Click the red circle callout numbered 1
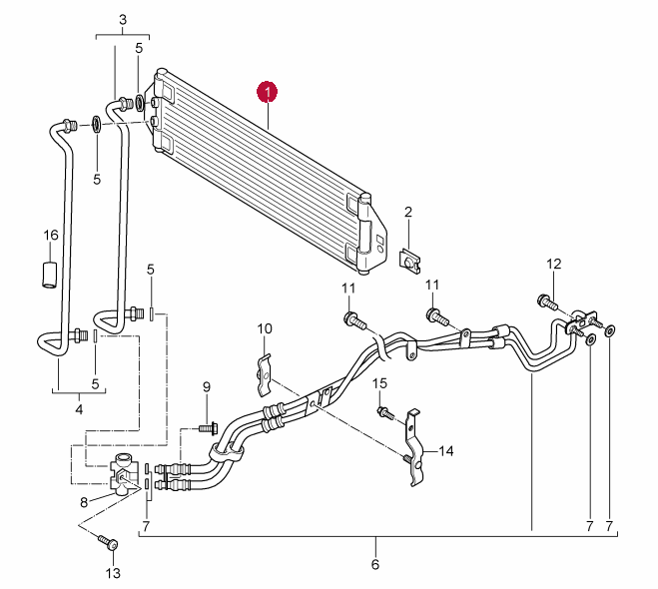[x=268, y=92]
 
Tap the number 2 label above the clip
[x=408, y=212]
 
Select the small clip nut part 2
[x=409, y=262]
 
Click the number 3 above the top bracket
[x=123, y=20]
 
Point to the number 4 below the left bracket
[x=79, y=409]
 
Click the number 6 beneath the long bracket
[x=375, y=564]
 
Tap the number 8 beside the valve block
[x=84, y=502]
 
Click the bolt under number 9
[x=208, y=428]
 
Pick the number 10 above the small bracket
[x=265, y=328]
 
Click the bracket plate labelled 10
[x=264, y=375]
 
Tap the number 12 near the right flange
[x=554, y=264]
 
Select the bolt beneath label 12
[x=547, y=302]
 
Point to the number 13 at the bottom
[x=113, y=573]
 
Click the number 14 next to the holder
[x=446, y=451]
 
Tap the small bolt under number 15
[x=386, y=413]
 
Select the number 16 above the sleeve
[x=51, y=235]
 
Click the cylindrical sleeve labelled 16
[x=49, y=275]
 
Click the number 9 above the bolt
[x=207, y=387]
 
